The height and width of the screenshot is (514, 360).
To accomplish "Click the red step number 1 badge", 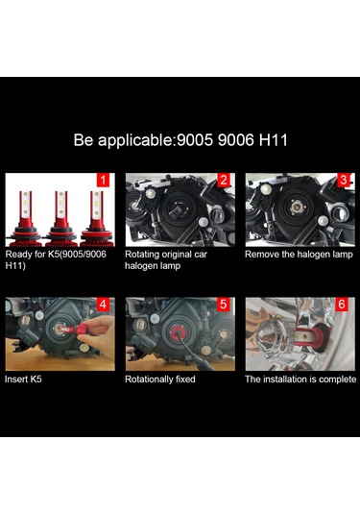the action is [103, 180].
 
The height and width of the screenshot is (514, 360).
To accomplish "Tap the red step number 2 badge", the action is [224, 180].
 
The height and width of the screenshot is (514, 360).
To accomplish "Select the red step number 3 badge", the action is [344, 180].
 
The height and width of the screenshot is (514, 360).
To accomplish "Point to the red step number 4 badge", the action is [103, 305].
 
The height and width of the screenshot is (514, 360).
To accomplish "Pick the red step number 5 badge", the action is [224, 305].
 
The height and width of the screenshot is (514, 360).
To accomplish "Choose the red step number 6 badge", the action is [342, 305].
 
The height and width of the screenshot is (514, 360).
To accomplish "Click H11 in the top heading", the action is [274, 140].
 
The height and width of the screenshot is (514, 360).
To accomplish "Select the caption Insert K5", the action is [23, 379].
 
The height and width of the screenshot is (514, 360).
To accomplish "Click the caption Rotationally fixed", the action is [160, 379].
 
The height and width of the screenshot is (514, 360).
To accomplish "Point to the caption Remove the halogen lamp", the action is [299, 255].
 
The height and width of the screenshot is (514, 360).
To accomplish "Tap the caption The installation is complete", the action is [300, 379].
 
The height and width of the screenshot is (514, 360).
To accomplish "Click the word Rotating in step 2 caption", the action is [142, 255].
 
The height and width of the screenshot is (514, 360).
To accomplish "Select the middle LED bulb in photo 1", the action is [60, 218].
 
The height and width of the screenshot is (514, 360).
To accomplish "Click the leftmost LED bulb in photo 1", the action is [25, 218].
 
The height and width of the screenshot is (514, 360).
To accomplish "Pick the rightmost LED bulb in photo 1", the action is [97, 218].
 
